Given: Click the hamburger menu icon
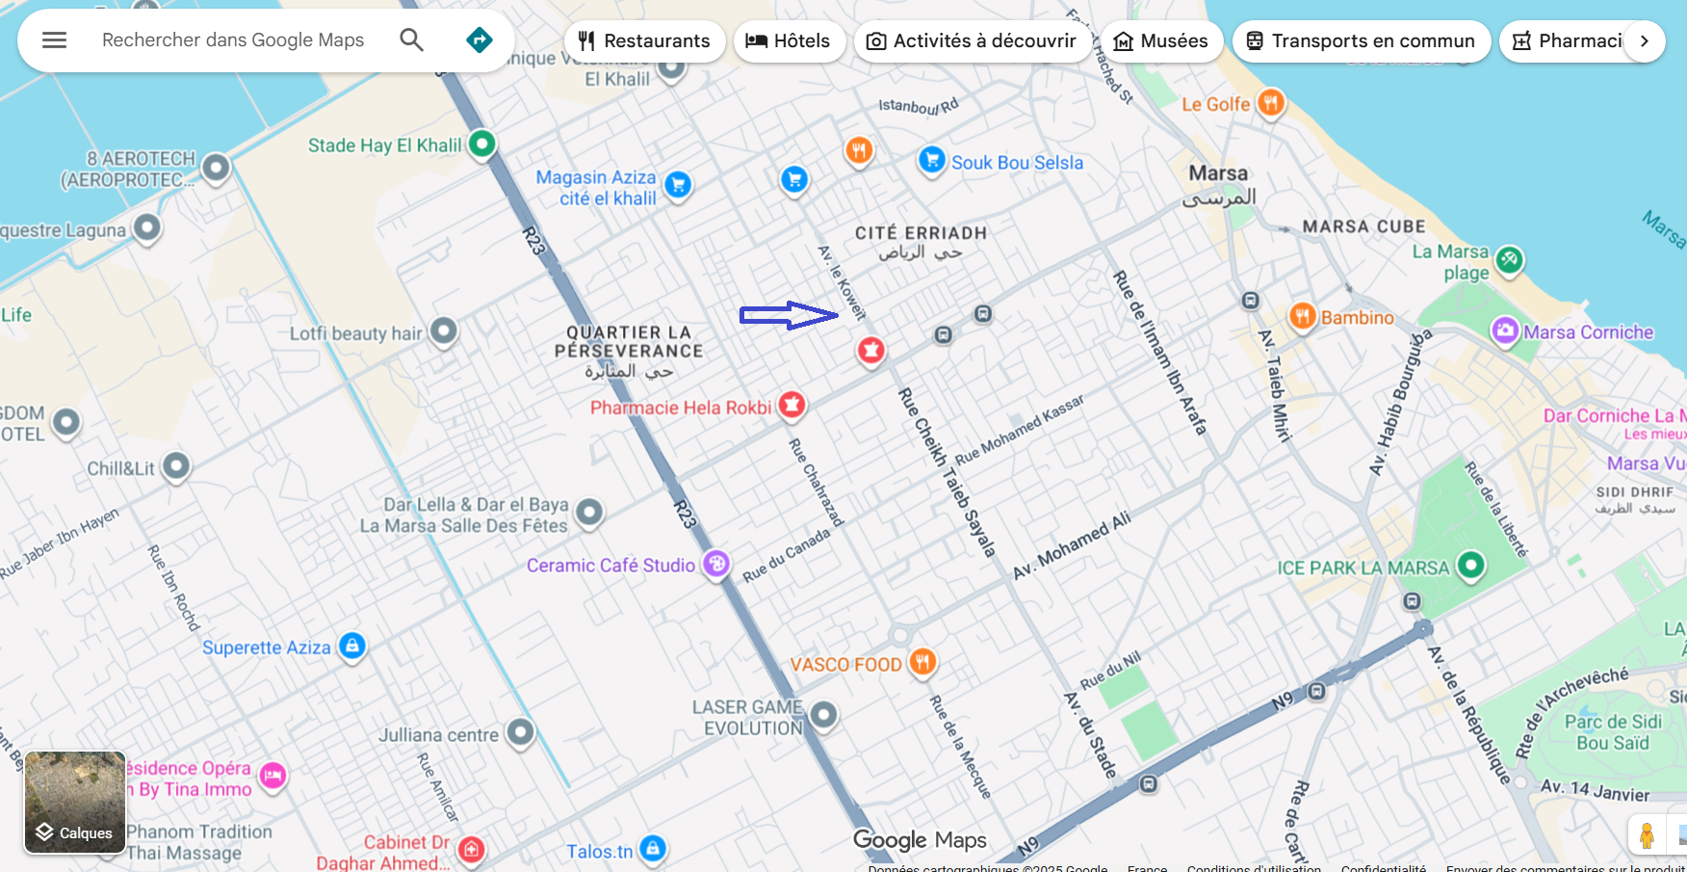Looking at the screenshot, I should [55, 40].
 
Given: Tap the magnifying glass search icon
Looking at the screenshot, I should [411, 40].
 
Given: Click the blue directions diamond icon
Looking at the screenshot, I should [479, 40].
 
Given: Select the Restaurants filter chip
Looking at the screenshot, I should [644, 41].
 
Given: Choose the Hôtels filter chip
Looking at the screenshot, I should [789, 41].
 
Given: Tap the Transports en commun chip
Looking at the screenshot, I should [1361, 41].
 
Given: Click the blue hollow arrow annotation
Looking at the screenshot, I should [789, 315].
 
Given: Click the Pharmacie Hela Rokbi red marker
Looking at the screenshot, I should [792, 405].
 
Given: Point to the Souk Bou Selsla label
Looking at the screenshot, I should [1017, 163].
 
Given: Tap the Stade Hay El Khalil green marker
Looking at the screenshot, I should [481, 145].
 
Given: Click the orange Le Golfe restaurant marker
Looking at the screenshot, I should [1271, 102].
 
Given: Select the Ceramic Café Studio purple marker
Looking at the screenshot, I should [715, 563].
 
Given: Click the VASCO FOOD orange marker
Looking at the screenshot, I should [922, 662].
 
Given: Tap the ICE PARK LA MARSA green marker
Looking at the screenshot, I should [1470, 565].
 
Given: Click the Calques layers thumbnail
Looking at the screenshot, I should [75, 803].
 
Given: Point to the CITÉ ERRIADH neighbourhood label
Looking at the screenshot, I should [921, 233].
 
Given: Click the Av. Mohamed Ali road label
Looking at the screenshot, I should [1072, 545].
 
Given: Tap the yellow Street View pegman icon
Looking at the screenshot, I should [1647, 834].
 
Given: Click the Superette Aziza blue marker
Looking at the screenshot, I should [352, 646].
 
